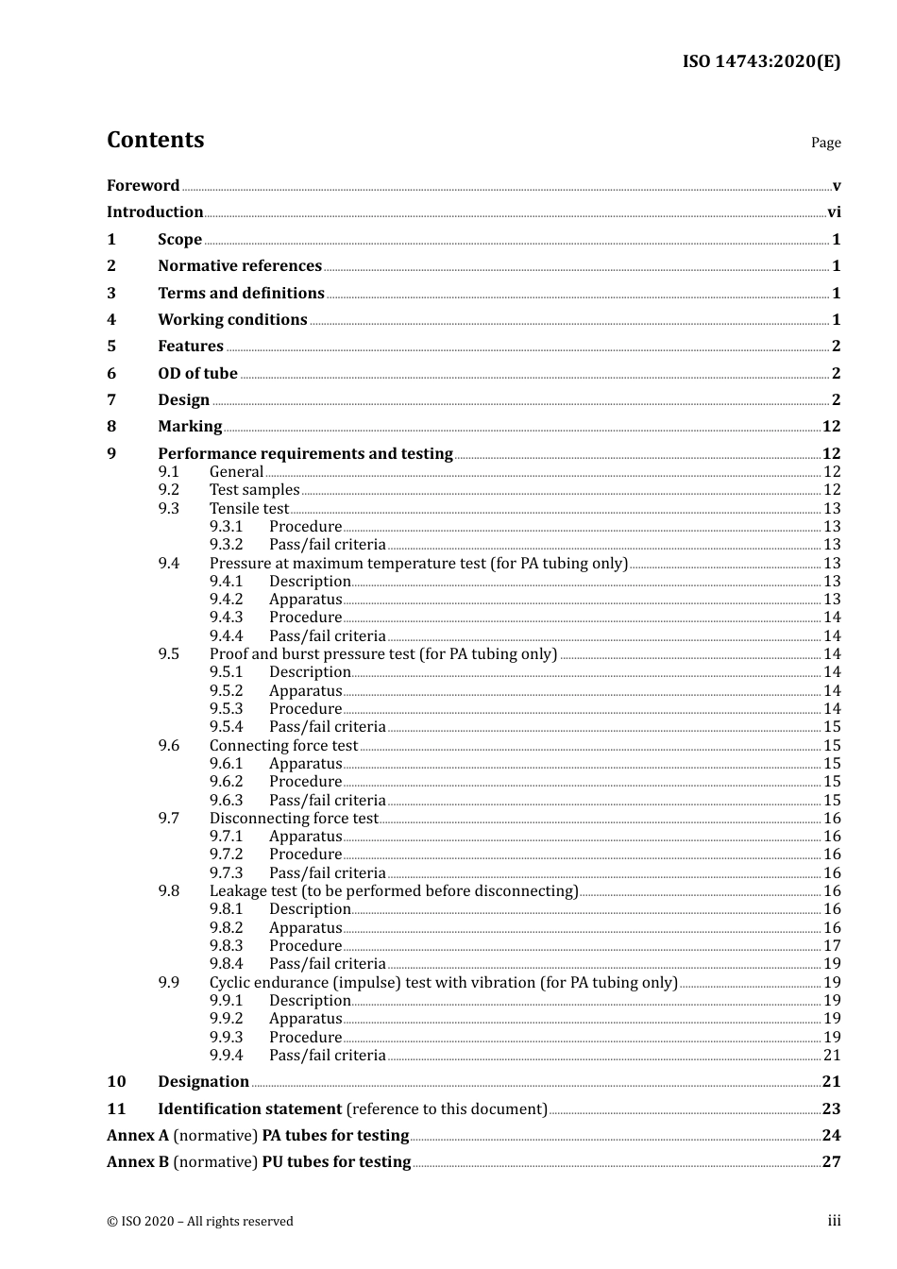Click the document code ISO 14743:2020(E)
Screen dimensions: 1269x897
pos(761,61)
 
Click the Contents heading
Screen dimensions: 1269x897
pos(155,140)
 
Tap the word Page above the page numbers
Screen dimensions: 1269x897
pos(825,143)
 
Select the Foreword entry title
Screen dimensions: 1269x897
pos(143,185)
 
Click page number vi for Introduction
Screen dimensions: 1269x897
pos(834,211)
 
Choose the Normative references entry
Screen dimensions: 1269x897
pos(240,265)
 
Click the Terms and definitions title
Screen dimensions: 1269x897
pos(241,293)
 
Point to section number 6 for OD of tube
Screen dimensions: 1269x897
pos(111,373)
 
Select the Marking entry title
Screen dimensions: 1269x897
pos(190,426)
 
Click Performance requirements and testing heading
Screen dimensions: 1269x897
pos(305,453)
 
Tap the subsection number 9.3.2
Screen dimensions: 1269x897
pos(227,544)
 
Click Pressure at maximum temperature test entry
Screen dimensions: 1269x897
pos(418,563)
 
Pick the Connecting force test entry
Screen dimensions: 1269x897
pos(283,745)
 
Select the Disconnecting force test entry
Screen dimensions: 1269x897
pos(294,818)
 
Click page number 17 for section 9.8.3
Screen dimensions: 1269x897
pos(832,945)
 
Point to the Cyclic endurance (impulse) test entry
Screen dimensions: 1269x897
pos(443,982)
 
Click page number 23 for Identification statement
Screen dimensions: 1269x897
pos(831,1108)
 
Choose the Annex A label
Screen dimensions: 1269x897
pos(137,1135)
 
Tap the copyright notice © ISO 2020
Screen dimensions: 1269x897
pos(199,1221)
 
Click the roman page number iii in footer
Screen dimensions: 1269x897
pos(834,1221)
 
